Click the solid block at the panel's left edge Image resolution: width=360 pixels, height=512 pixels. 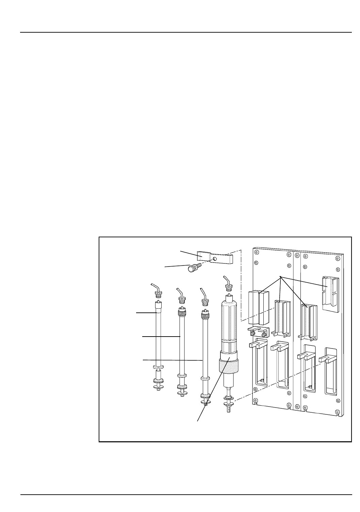coord(259,307)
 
